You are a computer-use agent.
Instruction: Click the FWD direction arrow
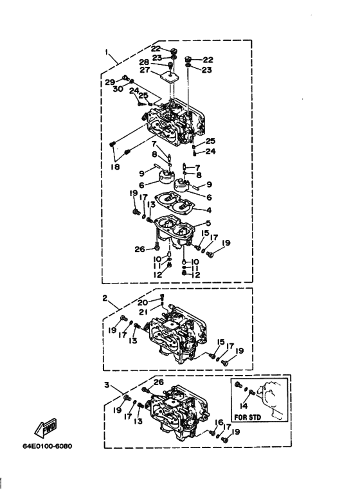[46, 428]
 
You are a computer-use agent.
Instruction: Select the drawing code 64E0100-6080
[48, 446]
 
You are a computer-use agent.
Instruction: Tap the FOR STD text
[248, 417]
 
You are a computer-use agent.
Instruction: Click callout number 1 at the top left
[107, 52]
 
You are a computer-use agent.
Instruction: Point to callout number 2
[105, 298]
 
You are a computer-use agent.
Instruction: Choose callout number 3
[107, 384]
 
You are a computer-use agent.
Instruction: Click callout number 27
[145, 69]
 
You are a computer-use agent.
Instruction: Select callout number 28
[144, 62]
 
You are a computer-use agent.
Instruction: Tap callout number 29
[110, 82]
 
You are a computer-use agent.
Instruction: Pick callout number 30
[118, 89]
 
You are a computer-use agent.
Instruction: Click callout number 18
[115, 166]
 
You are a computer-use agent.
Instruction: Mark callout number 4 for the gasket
[209, 210]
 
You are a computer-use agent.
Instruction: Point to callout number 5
[208, 223]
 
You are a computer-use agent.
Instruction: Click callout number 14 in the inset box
[244, 406]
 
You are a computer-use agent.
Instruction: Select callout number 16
[219, 422]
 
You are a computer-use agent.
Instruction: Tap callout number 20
[143, 302]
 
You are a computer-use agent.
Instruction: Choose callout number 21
[143, 312]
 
